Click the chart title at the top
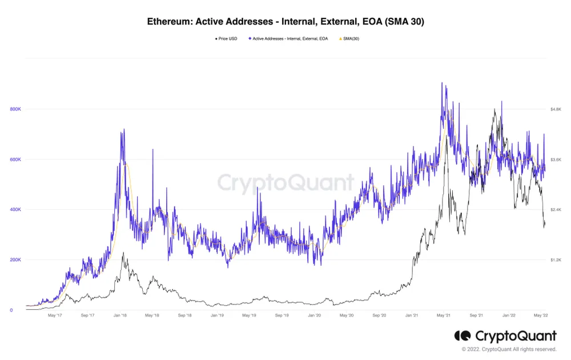[x=285, y=22]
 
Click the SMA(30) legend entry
[x=351, y=39]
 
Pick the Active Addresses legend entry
[x=289, y=39]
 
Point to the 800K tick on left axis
[x=15, y=109]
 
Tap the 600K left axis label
[x=15, y=159]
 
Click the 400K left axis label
[x=15, y=210]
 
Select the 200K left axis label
[x=15, y=260]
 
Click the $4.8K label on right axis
[x=557, y=109]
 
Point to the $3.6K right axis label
[x=557, y=159]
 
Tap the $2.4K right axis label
[x=557, y=210]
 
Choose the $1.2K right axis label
[x=557, y=260]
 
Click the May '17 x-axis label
[x=55, y=315]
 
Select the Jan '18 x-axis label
[x=120, y=315]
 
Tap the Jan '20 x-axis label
[x=315, y=315]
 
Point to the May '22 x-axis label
[x=541, y=315]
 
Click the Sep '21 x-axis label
[x=476, y=315]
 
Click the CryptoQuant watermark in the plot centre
[x=285, y=183]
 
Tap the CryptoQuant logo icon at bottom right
[x=462, y=336]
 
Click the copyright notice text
[x=509, y=349]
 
